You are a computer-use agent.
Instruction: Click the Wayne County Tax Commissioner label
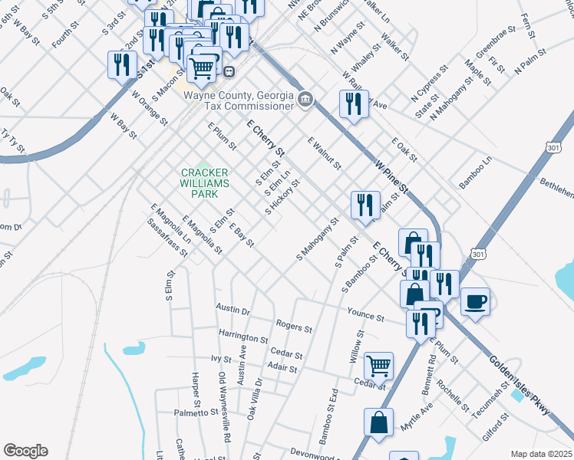pos(239,100)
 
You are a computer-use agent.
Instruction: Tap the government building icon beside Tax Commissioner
pos(305,100)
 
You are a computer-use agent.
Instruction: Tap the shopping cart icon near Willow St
pos(378,366)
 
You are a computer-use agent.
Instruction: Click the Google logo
pos(25,451)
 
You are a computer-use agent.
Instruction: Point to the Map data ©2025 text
pos(542,454)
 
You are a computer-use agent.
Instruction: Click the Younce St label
pos(365,315)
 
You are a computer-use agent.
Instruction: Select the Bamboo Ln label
pos(474,173)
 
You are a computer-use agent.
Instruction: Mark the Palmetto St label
pos(196,412)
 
